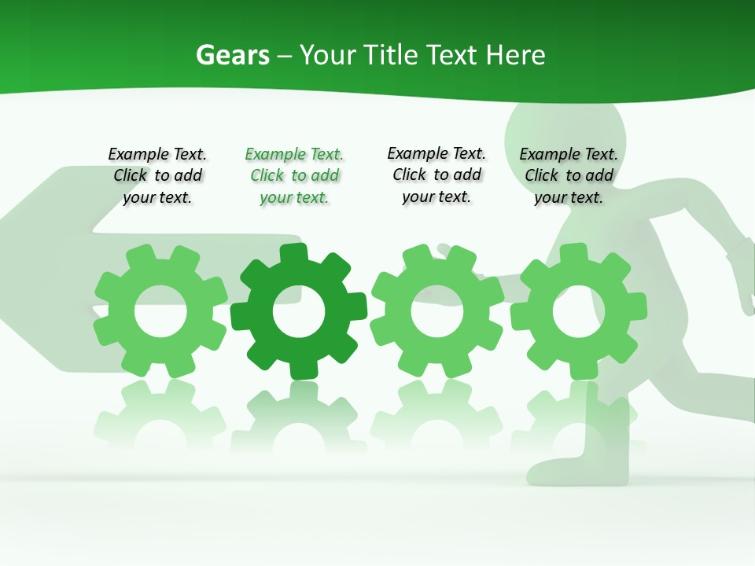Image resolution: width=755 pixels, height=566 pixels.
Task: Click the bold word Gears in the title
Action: (x=232, y=55)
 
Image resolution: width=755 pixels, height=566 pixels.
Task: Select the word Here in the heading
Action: (x=515, y=55)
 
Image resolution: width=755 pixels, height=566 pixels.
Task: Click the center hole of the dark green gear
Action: (x=299, y=311)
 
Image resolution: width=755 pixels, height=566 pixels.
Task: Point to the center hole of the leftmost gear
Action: (x=160, y=312)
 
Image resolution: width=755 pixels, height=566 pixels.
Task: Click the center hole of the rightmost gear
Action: (x=579, y=311)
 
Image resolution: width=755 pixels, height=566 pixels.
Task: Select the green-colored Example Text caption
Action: (x=294, y=176)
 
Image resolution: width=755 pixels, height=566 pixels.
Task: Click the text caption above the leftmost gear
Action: (x=157, y=176)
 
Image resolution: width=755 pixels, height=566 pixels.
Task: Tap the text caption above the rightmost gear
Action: (x=569, y=176)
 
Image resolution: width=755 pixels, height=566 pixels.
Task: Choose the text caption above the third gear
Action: (x=436, y=175)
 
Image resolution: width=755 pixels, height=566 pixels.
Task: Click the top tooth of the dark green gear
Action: (x=293, y=253)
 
